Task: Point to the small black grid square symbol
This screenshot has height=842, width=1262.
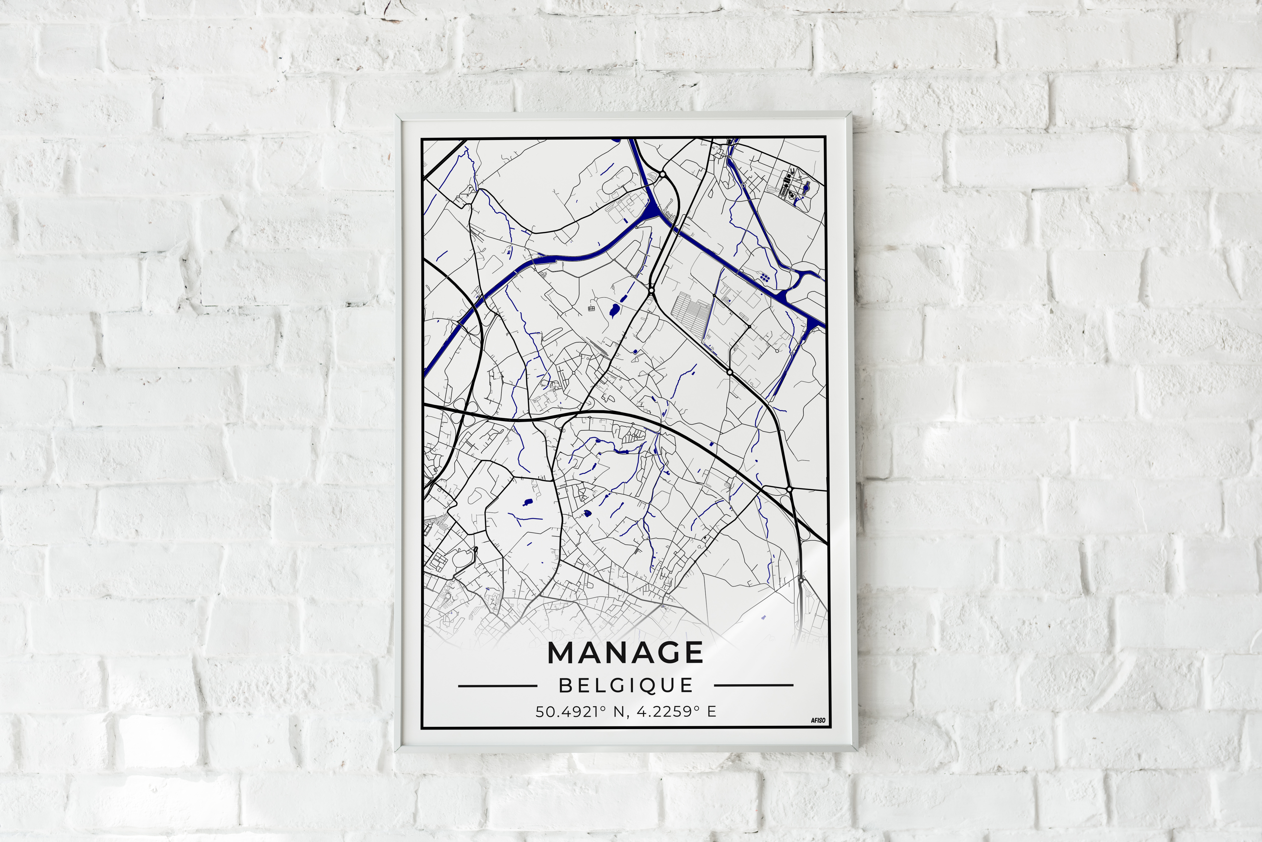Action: click(591, 308)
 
